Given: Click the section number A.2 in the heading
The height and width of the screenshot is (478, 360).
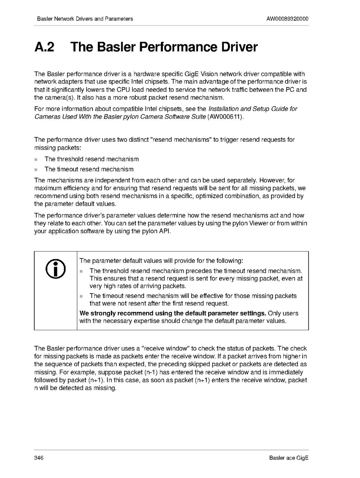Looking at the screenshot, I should [x=44, y=47].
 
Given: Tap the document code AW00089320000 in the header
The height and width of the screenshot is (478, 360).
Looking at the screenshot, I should [x=287, y=19].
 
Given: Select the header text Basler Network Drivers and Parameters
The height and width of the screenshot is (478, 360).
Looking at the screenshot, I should [x=85, y=19].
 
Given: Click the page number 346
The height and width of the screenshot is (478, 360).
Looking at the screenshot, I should [x=39, y=458].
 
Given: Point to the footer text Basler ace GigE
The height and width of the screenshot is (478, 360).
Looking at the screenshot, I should [x=289, y=458].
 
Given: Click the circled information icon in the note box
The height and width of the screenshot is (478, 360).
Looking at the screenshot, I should [x=55, y=268].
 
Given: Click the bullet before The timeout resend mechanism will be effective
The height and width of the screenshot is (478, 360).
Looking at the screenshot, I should [x=81, y=296].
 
